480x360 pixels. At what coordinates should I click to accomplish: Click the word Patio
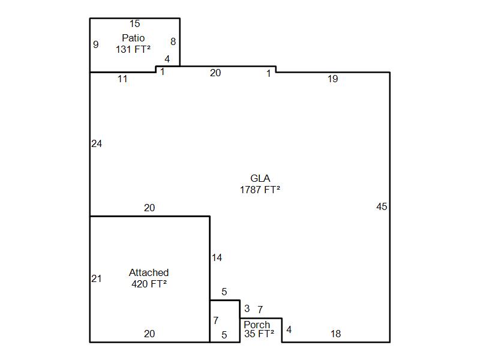pyautogui.click(x=133, y=38)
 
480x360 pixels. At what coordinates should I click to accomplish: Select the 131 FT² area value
pyautogui.click(x=133, y=49)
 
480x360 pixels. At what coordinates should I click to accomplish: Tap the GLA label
pyautogui.click(x=260, y=178)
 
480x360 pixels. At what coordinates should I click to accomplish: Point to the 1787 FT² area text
pyautogui.click(x=260, y=190)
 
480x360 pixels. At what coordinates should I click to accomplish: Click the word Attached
pyautogui.click(x=149, y=272)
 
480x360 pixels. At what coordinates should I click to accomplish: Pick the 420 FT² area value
pyautogui.click(x=149, y=284)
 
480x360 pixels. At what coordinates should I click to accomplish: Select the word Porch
pyautogui.click(x=257, y=325)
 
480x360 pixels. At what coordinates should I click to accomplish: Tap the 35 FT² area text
pyautogui.click(x=259, y=334)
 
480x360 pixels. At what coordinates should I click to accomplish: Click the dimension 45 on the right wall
pyautogui.click(x=382, y=206)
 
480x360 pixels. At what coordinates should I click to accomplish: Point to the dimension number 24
pyautogui.click(x=97, y=143)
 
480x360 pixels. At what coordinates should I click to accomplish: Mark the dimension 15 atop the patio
pyautogui.click(x=134, y=23)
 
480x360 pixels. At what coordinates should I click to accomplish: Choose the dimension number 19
pyautogui.click(x=333, y=79)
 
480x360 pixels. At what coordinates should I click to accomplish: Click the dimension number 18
pyautogui.click(x=336, y=334)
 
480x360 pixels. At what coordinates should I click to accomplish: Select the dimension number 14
pyautogui.click(x=217, y=258)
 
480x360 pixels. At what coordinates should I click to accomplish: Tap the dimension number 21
pyautogui.click(x=97, y=278)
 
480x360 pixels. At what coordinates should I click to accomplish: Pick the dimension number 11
pyautogui.click(x=122, y=79)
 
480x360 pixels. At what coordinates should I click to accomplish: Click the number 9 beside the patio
pyautogui.click(x=96, y=44)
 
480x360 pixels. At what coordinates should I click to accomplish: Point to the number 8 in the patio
pyautogui.click(x=173, y=41)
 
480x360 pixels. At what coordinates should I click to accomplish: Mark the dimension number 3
pyautogui.click(x=247, y=308)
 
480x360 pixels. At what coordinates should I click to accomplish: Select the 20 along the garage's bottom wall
pyautogui.click(x=149, y=334)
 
